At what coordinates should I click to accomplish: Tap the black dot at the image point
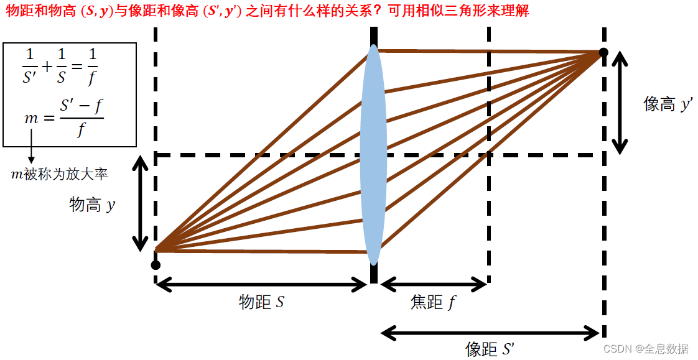603,53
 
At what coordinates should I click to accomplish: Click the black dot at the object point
156,265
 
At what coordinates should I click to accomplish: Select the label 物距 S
262,302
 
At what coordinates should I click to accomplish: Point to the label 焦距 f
433,302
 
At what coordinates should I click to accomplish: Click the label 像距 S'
490,349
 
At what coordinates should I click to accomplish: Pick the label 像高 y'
668,104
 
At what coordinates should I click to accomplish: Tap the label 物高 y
92,205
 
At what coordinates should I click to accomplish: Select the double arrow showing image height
619,103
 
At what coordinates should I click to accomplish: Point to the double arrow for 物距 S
262,285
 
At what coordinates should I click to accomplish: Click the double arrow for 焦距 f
433,285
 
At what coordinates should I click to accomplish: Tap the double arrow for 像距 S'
491,333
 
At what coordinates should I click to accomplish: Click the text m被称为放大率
60,174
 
